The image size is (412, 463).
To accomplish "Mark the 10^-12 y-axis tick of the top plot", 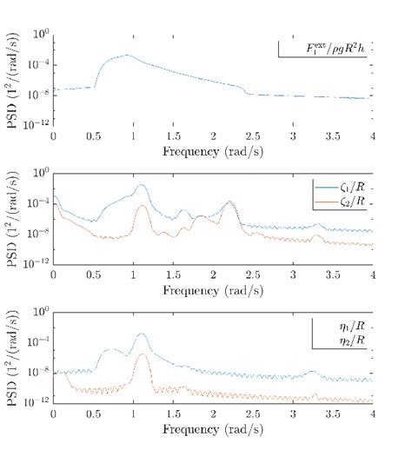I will pyautogui.click(x=37, y=124).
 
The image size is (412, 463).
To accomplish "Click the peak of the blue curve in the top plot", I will pyautogui.click(x=127, y=56).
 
